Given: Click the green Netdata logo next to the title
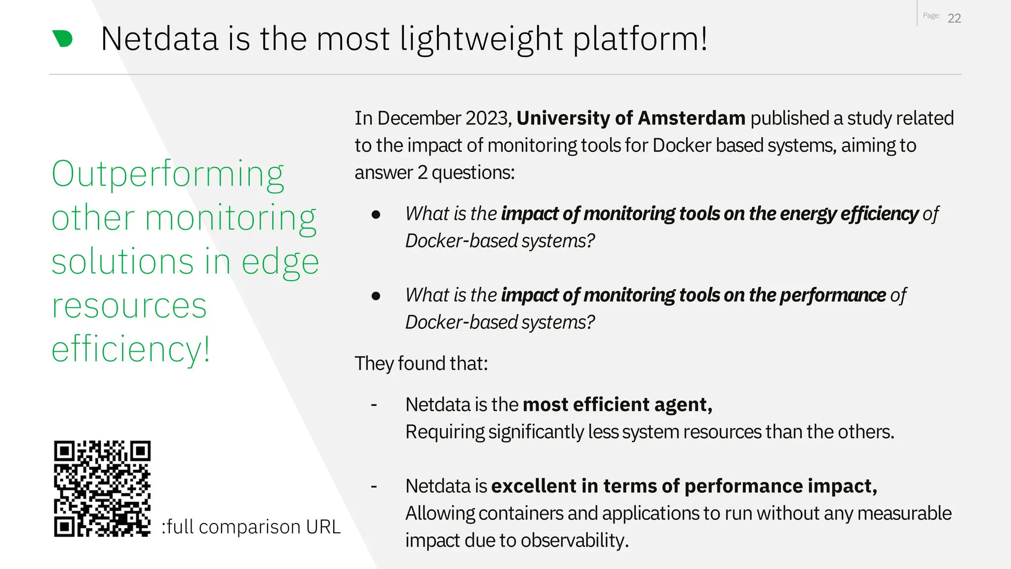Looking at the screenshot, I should point(63,39).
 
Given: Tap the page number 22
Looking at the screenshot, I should point(954,18).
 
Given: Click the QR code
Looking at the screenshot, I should point(102,488).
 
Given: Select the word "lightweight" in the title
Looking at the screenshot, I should point(481,40).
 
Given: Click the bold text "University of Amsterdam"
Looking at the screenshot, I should point(630,118).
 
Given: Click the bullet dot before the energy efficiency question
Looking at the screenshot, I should point(376,214).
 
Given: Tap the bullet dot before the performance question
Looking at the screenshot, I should point(376,296).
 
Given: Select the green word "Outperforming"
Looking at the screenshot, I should point(168,174).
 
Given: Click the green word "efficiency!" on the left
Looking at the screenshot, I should point(131,349).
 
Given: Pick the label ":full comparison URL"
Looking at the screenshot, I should point(251,527).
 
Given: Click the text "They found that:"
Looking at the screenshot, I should point(421,364).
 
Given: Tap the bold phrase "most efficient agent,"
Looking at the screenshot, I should point(617,405).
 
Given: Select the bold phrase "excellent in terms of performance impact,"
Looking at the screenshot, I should point(684,486).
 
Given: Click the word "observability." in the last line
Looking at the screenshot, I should point(575,540).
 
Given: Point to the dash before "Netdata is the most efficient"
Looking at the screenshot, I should point(374,405).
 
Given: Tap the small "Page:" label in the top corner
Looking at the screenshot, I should point(931,16).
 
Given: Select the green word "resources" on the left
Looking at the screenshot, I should point(129,306).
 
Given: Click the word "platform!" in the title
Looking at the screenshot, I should point(640,40).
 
